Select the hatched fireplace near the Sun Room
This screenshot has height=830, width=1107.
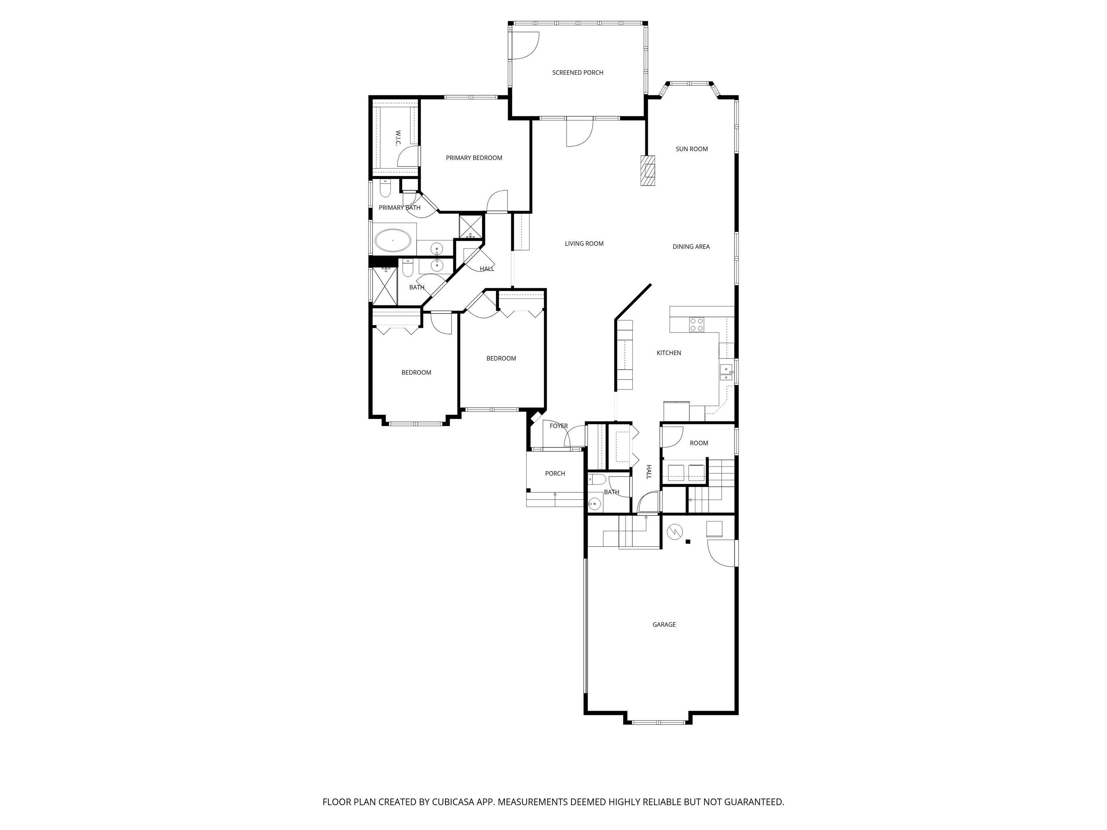(648, 171)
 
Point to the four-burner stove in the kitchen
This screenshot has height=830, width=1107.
(696, 324)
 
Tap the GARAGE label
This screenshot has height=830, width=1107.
(664, 624)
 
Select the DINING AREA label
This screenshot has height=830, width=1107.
(691, 247)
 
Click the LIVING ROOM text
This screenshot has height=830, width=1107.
(584, 244)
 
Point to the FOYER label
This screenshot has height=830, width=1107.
(559, 426)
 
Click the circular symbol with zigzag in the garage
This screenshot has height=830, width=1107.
(675, 531)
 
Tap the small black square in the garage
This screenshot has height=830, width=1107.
(688, 541)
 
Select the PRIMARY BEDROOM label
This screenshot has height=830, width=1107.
(474, 157)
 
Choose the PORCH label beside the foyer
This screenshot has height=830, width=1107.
(555, 473)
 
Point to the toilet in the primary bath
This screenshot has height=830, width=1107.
(385, 189)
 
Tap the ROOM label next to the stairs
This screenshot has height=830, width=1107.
(699, 443)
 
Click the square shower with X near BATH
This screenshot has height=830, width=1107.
(384, 287)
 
